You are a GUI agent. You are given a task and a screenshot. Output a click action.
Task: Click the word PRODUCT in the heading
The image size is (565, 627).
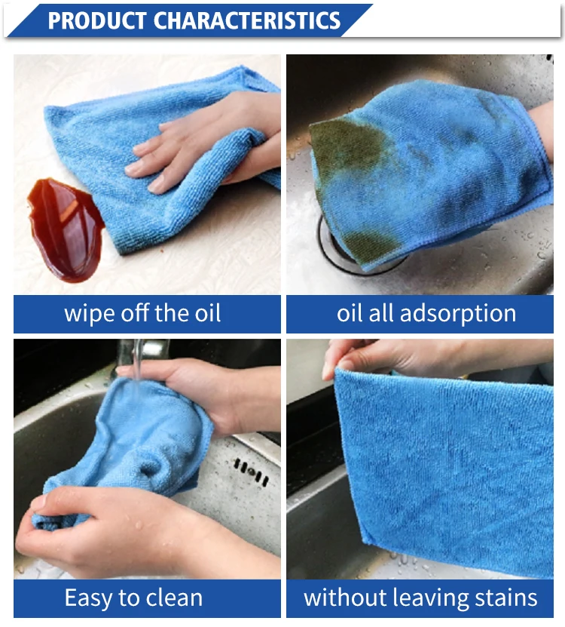pos(96,20)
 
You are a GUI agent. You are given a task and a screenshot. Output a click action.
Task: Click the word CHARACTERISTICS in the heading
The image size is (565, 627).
pos(246,20)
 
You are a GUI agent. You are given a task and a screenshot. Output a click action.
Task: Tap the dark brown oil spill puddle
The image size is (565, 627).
pos(65,230)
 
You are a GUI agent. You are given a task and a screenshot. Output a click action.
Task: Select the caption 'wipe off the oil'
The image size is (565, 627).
pos(142,313)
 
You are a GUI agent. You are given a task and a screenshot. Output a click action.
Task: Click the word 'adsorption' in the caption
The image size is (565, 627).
pos(457,314)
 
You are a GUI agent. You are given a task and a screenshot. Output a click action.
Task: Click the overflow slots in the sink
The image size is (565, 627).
pos(251,472)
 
